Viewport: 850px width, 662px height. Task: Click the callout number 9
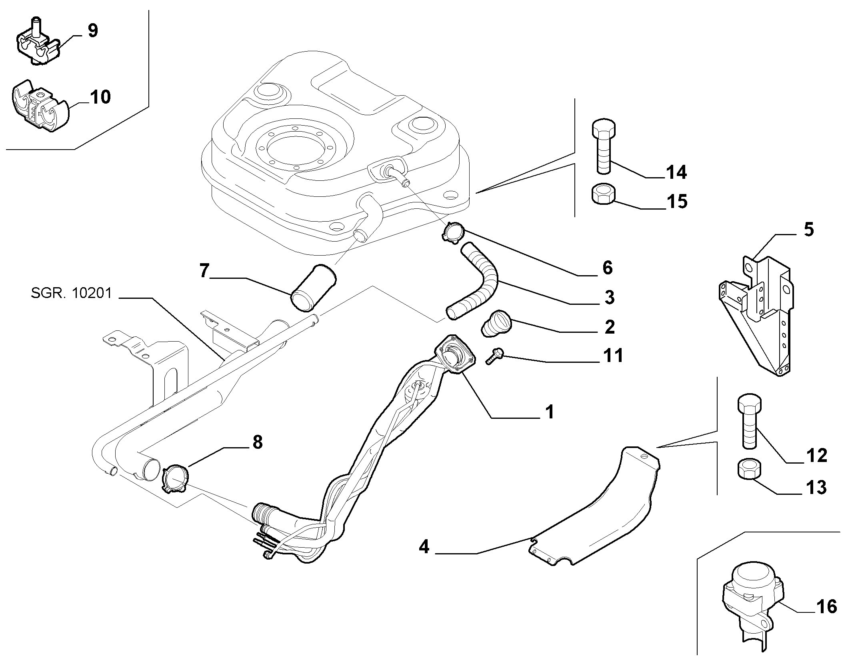point(93,31)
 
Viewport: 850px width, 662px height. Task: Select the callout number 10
point(100,97)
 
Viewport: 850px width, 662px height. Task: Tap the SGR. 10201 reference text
point(71,294)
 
